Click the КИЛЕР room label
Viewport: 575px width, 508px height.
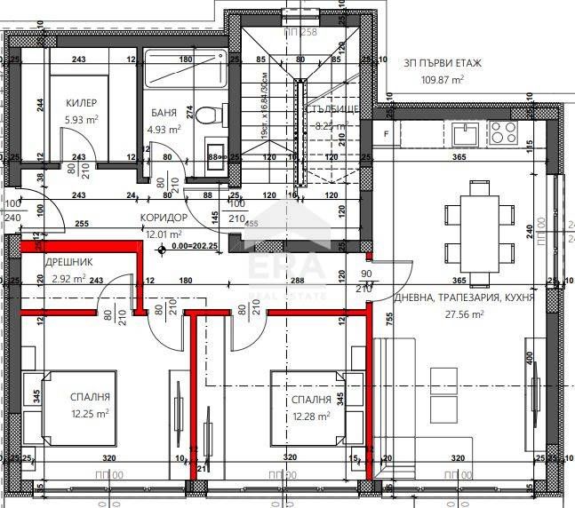pos(81,103)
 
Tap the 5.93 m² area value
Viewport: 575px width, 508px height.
pos(81,119)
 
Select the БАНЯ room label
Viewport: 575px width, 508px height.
pos(163,114)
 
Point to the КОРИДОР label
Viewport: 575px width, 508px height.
pos(164,218)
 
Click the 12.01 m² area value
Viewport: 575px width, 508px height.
pos(164,234)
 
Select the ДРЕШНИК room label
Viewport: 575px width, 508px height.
pos(68,263)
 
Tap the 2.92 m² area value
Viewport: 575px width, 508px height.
pos(68,278)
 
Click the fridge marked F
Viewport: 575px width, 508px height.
pos(386,133)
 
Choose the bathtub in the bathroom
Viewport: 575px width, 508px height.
pos(186,73)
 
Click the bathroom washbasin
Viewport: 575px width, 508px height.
pos(212,150)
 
